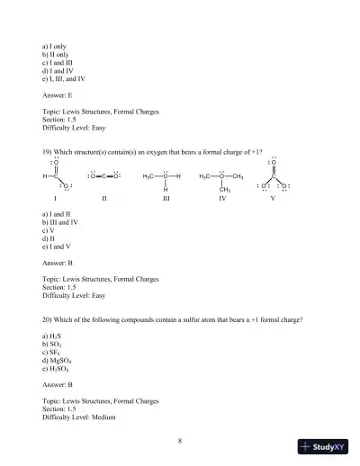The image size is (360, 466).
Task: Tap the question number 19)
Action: [x=48, y=152]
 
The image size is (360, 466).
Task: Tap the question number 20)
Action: [x=48, y=319]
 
